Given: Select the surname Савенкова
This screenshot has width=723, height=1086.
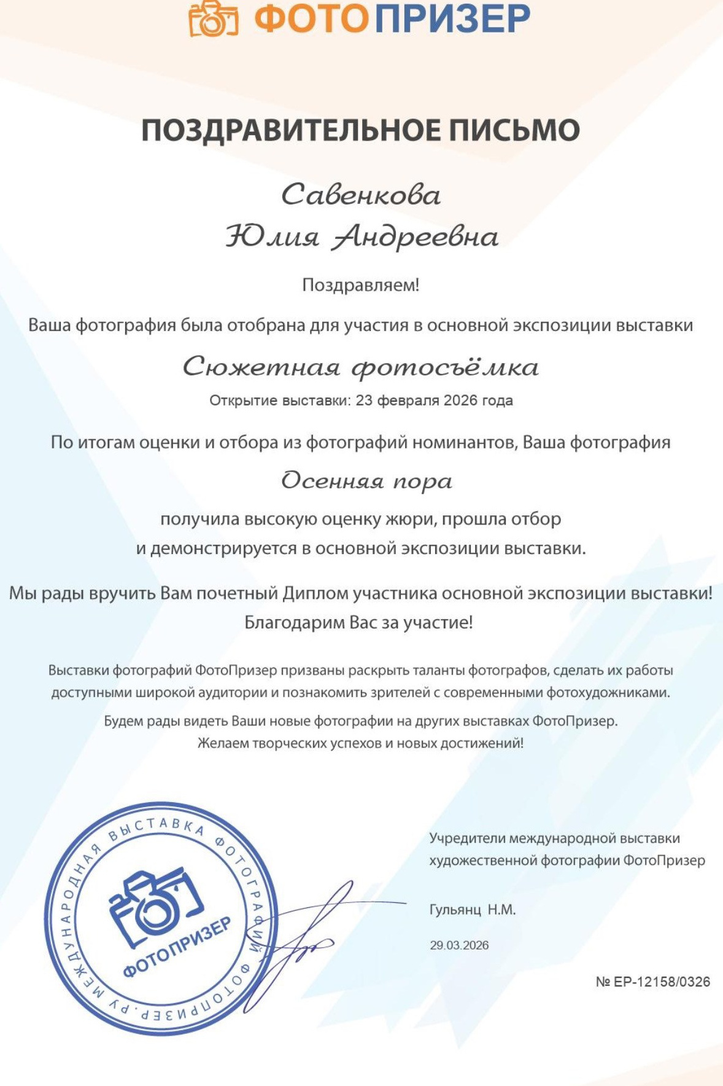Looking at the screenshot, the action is pyautogui.click(x=361, y=195).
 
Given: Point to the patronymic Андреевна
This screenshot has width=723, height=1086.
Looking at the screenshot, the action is pyautogui.click(x=415, y=238).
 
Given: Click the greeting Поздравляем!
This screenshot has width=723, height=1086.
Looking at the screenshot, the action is pyautogui.click(x=361, y=285).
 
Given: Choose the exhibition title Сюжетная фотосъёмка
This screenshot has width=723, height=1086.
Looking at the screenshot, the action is pyautogui.click(x=361, y=367).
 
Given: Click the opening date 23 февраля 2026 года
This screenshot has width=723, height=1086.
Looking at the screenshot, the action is pyautogui.click(x=434, y=401).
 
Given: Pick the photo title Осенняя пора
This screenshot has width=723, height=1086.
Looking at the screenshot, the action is pyautogui.click(x=366, y=481).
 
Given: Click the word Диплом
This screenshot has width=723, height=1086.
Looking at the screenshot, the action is pyautogui.click(x=314, y=593).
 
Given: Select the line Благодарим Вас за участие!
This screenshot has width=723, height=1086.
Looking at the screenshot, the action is pyautogui.click(x=359, y=623).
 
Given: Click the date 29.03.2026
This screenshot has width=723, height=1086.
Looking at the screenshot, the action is pyautogui.click(x=459, y=945).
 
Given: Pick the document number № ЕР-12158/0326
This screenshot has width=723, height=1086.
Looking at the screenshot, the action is pyautogui.click(x=652, y=982).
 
